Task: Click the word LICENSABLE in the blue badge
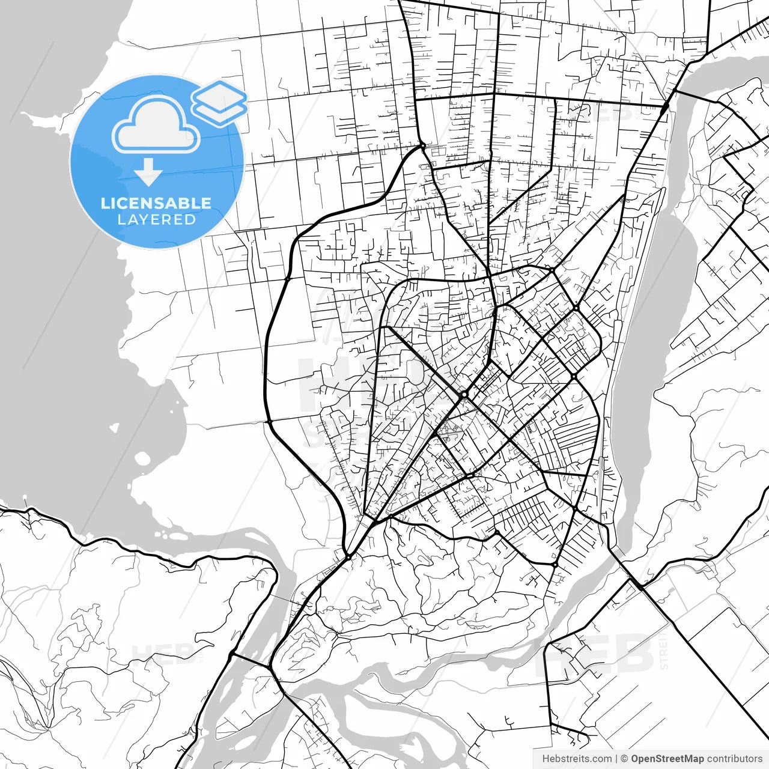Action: [x=156, y=203]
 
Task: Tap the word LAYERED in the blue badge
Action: [x=156, y=220]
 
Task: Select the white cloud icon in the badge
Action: [x=156, y=124]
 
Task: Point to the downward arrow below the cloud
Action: [x=148, y=173]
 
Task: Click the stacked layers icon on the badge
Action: [x=219, y=102]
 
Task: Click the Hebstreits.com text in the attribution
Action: [x=577, y=759]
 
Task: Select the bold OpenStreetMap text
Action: [x=667, y=759]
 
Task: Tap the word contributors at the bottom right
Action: [x=734, y=759]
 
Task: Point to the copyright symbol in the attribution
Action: [x=624, y=759]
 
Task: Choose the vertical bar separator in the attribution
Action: [x=616, y=759]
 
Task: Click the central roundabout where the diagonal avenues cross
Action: [x=464, y=395]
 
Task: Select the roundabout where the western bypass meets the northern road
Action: [x=423, y=145]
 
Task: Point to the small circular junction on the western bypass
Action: [x=288, y=279]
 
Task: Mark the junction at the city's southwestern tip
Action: [x=348, y=557]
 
